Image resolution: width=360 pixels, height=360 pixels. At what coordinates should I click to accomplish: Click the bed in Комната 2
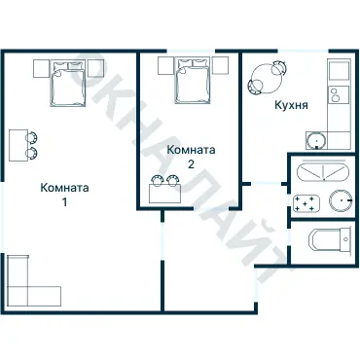(190, 81)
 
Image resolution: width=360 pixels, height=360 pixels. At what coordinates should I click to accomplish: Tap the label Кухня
(291, 107)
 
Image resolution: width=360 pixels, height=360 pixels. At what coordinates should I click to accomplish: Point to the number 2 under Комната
(191, 164)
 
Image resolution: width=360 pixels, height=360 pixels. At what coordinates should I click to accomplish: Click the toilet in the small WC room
(322, 239)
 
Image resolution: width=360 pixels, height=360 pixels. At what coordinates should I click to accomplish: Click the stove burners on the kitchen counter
(337, 94)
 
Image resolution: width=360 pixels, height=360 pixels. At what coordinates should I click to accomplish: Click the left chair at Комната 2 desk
(157, 179)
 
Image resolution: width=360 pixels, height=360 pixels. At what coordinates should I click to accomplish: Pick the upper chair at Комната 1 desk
(34, 137)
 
